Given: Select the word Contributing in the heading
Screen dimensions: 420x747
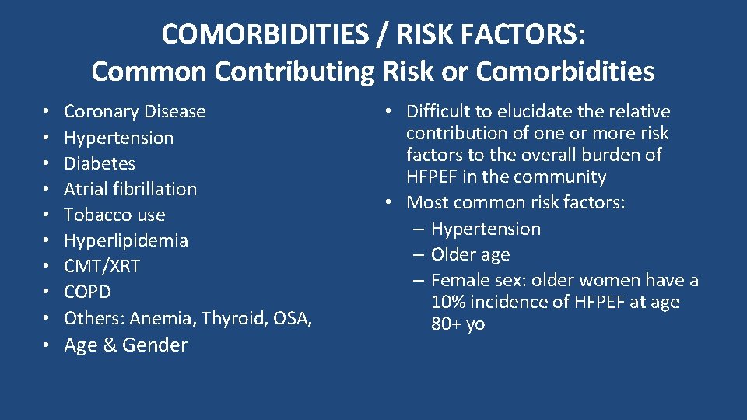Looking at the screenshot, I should coord(295,71).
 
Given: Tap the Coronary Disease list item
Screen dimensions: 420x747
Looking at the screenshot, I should coord(135,111).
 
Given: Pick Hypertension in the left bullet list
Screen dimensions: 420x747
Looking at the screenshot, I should coord(118,138).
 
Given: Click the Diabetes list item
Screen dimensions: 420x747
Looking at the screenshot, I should coord(99,163).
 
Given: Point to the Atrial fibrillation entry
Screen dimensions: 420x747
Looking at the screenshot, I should coord(130,189).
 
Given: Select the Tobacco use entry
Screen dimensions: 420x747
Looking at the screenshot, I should coord(114,215).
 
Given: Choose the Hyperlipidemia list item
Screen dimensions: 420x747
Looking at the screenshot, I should coord(125,240).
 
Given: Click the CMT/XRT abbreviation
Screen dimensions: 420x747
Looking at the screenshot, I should coord(101,266).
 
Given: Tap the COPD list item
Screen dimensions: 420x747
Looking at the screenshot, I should coord(87,292).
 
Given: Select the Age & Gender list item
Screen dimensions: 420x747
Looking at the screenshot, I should coord(125,345).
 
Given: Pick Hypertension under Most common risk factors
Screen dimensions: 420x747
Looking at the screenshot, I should coord(486,229).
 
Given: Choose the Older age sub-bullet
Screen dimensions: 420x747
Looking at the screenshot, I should coord(470,254).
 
